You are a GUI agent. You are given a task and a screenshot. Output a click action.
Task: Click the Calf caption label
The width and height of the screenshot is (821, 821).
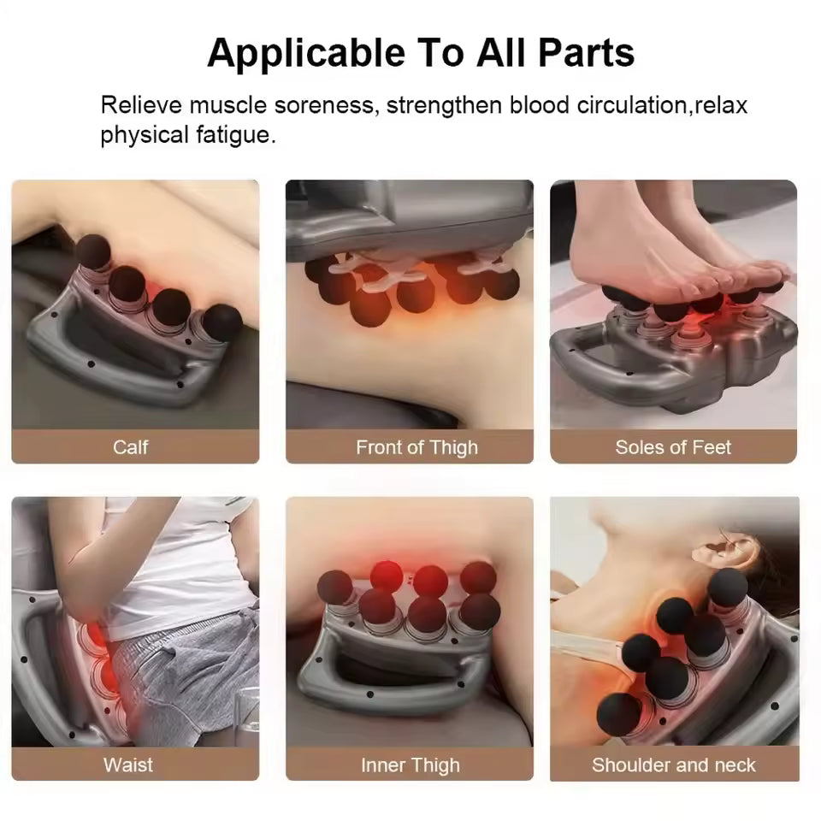[131, 446]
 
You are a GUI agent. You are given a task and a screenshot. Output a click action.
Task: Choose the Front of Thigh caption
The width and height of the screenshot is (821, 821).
[416, 446]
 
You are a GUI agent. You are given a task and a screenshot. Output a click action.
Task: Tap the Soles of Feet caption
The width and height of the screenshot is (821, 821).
[673, 446]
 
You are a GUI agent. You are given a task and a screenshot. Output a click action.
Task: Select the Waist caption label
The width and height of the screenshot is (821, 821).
[128, 764]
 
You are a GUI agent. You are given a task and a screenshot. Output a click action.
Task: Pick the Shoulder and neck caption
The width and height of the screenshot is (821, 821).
[674, 764]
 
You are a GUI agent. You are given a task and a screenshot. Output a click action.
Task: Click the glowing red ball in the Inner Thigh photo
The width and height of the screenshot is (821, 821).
[387, 575]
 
